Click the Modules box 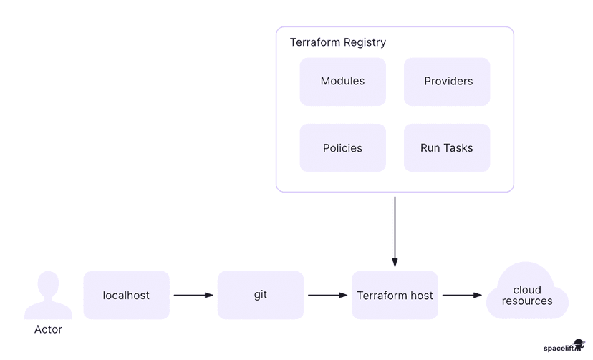click(342, 82)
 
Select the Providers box click(447, 82)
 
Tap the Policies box click(342, 148)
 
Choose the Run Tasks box click(447, 148)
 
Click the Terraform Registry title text click(337, 42)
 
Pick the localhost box click(126, 295)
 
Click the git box click(261, 295)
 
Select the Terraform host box click(395, 295)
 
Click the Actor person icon click(48, 294)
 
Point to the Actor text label click(48, 330)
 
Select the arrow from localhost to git click(193, 295)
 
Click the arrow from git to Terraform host click(327, 295)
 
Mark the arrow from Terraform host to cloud click(461, 295)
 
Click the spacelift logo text click(559, 348)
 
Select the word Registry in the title click(364, 42)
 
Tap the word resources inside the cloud click(527, 301)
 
